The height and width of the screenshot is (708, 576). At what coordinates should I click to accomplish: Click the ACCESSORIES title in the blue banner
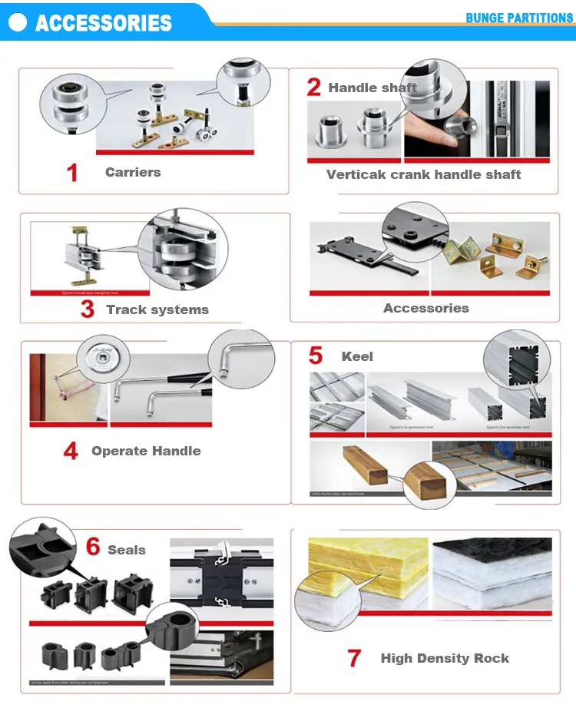[104, 22]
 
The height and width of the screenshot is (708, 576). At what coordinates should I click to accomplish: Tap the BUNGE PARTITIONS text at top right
[519, 18]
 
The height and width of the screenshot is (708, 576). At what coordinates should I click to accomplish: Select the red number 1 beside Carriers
[72, 173]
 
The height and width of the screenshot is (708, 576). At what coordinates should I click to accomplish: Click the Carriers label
[133, 172]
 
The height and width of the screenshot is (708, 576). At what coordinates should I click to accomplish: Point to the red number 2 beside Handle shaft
[313, 88]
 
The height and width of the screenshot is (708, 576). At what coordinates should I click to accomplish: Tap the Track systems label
[157, 309]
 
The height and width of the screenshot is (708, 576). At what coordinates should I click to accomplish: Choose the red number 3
[88, 309]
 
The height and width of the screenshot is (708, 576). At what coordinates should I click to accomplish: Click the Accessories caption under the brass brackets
[425, 308]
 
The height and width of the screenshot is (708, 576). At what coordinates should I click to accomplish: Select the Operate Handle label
[146, 451]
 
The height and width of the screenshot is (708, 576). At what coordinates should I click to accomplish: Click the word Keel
[357, 356]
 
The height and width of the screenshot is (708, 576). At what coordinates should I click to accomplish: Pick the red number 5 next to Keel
[316, 356]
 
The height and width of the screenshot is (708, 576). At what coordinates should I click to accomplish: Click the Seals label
[127, 550]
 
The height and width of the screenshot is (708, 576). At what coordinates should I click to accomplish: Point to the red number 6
[93, 548]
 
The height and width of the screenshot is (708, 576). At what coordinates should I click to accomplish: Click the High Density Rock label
[445, 658]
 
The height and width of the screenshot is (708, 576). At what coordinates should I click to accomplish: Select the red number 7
[353, 658]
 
